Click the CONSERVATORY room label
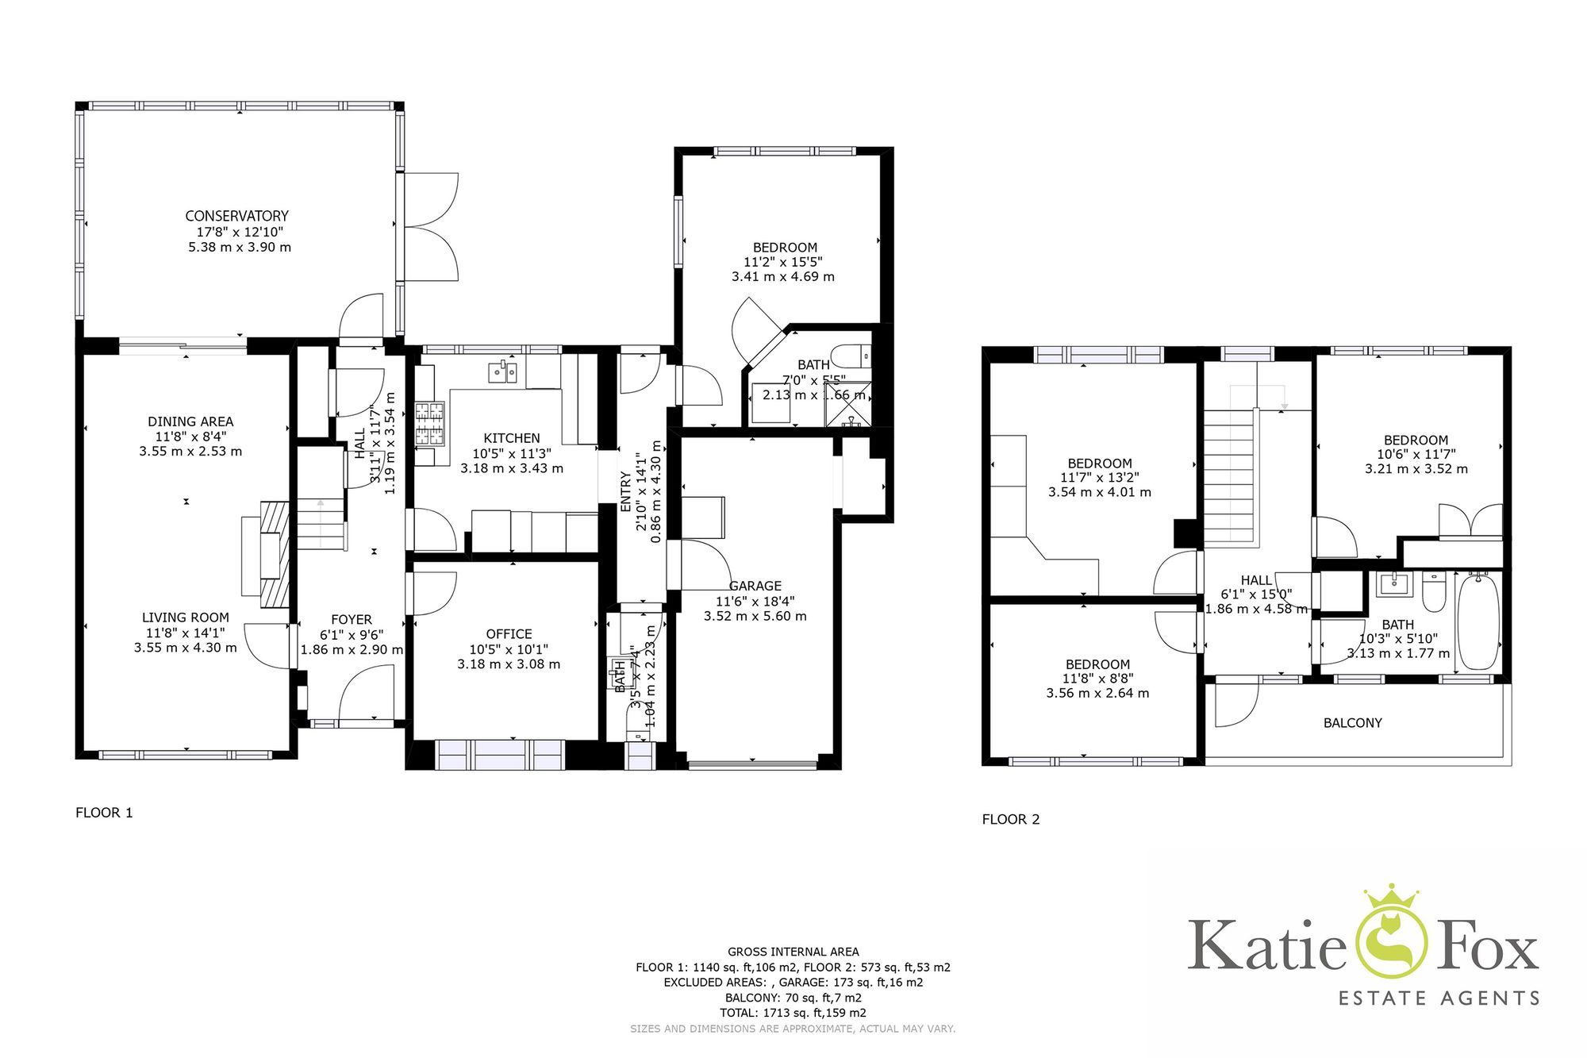[x=236, y=216]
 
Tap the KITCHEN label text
[x=512, y=438]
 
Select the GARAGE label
[x=755, y=587]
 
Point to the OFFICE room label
[x=509, y=634]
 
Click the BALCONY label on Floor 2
[x=1352, y=723]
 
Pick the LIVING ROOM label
[x=186, y=617]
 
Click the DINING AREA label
[x=190, y=421]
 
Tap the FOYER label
[x=352, y=620]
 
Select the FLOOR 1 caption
[x=104, y=813]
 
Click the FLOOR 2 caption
[x=1010, y=820]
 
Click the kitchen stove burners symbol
[x=430, y=423]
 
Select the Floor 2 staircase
[x=1231, y=476]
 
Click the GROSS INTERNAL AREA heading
[x=793, y=952]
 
